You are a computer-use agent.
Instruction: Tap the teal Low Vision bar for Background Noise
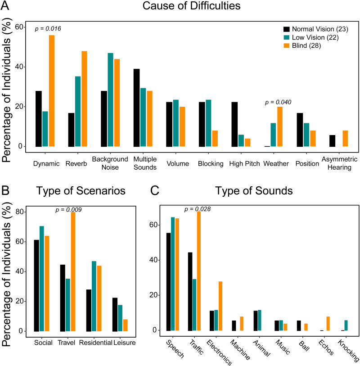pos(110,99)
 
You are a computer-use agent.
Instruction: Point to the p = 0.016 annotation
pos(48,29)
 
